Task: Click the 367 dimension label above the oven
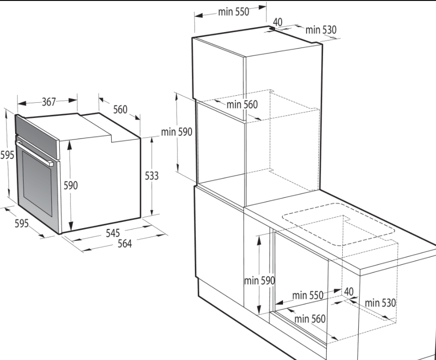(x=49, y=102)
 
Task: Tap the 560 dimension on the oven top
(x=120, y=109)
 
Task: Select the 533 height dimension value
(x=152, y=176)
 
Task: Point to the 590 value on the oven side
(x=71, y=185)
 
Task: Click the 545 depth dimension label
(x=113, y=233)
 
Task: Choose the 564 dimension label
(x=125, y=244)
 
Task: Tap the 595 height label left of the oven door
(x=7, y=155)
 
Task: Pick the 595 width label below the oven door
(x=21, y=223)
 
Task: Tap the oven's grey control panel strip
(x=37, y=137)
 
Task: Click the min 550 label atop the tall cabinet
(x=234, y=12)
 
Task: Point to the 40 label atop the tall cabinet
(x=277, y=22)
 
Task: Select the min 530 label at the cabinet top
(x=321, y=30)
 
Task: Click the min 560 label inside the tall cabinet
(x=242, y=105)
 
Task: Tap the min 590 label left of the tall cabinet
(x=177, y=131)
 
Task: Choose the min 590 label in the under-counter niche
(x=259, y=280)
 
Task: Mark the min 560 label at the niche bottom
(x=310, y=319)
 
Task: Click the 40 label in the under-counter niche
(x=349, y=292)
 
